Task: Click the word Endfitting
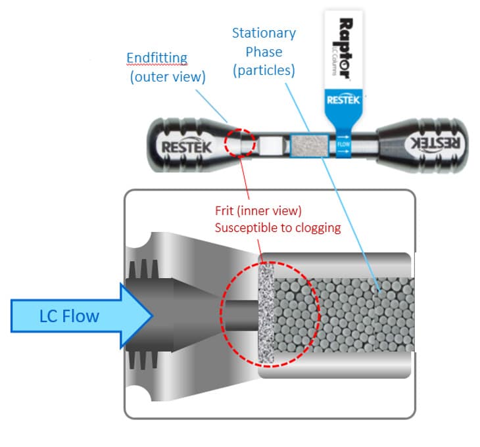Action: [156, 58]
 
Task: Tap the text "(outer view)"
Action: [167, 77]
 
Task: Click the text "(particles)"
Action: [263, 70]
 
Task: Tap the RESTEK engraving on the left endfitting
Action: [187, 146]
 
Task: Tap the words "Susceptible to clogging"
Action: [278, 228]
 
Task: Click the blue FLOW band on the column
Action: [343, 144]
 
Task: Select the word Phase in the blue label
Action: [264, 51]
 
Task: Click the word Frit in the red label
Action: [226, 211]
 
